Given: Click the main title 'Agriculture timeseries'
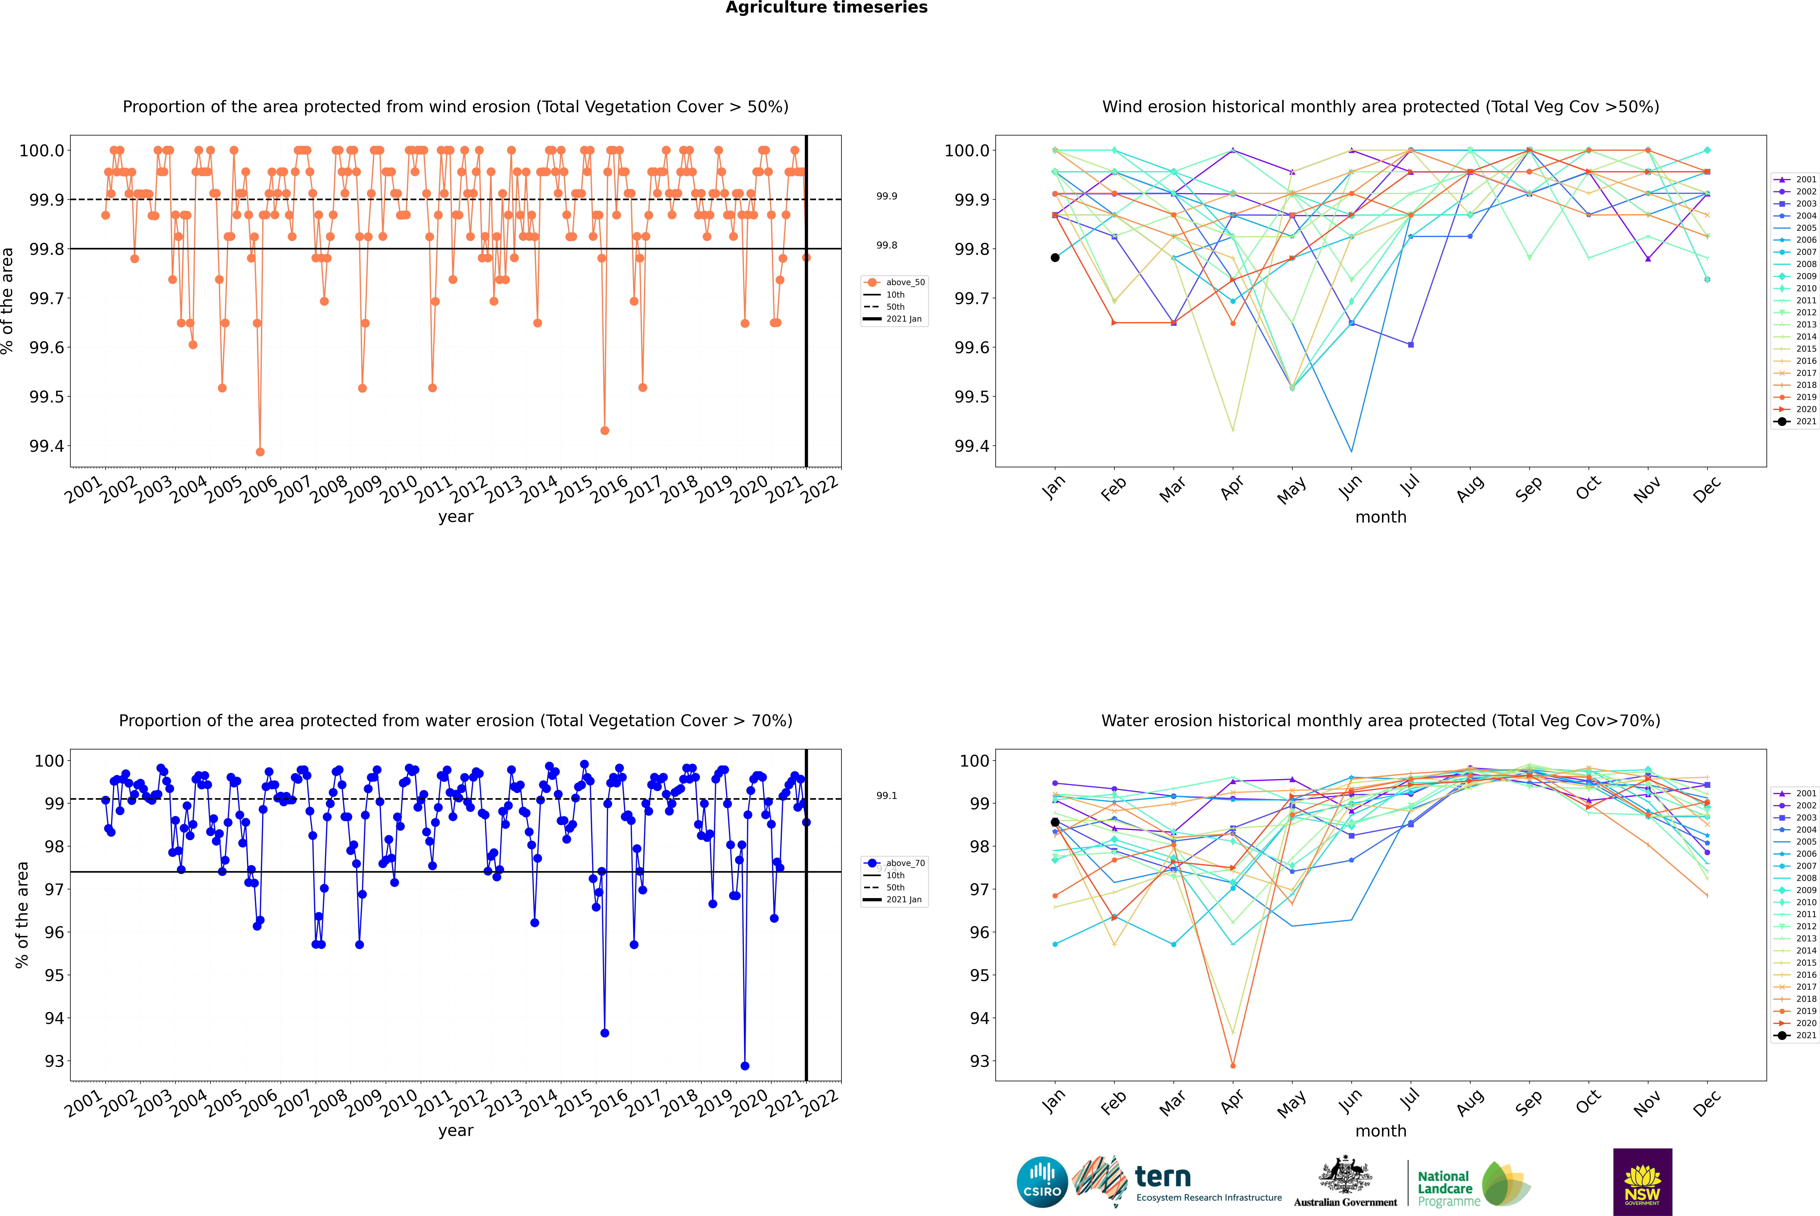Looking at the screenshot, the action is tap(826, 8).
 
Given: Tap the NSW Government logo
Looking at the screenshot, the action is tap(1642, 1182).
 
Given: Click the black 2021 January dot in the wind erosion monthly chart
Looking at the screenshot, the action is tap(1055, 258).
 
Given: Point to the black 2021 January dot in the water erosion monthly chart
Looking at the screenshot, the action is tap(1055, 822).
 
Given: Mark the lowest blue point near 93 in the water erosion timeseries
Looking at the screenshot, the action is tap(745, 1065).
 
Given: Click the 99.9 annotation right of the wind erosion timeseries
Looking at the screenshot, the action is tap(887, 196).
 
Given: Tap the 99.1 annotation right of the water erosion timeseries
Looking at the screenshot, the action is tap(887, 796).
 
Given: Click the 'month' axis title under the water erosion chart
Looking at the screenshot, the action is tap(1381, 1131).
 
